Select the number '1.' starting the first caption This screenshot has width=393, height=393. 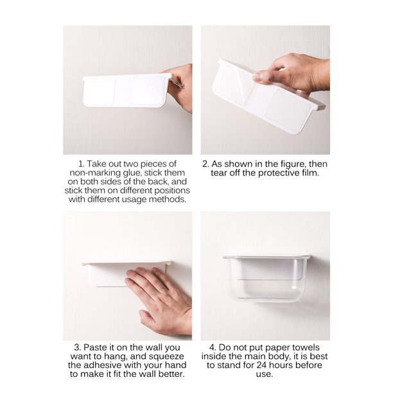point(81,164)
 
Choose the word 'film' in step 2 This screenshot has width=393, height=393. point(309,173)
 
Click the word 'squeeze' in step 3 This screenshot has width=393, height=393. point(166,356)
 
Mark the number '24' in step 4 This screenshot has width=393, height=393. point(262,365)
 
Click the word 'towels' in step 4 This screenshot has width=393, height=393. point(306,347)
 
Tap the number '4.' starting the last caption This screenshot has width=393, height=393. point(213,347)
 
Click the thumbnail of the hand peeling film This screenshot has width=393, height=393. point(265,90)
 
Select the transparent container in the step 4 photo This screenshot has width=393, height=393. point(266,278)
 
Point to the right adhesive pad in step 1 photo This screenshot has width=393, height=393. point(148,90)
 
